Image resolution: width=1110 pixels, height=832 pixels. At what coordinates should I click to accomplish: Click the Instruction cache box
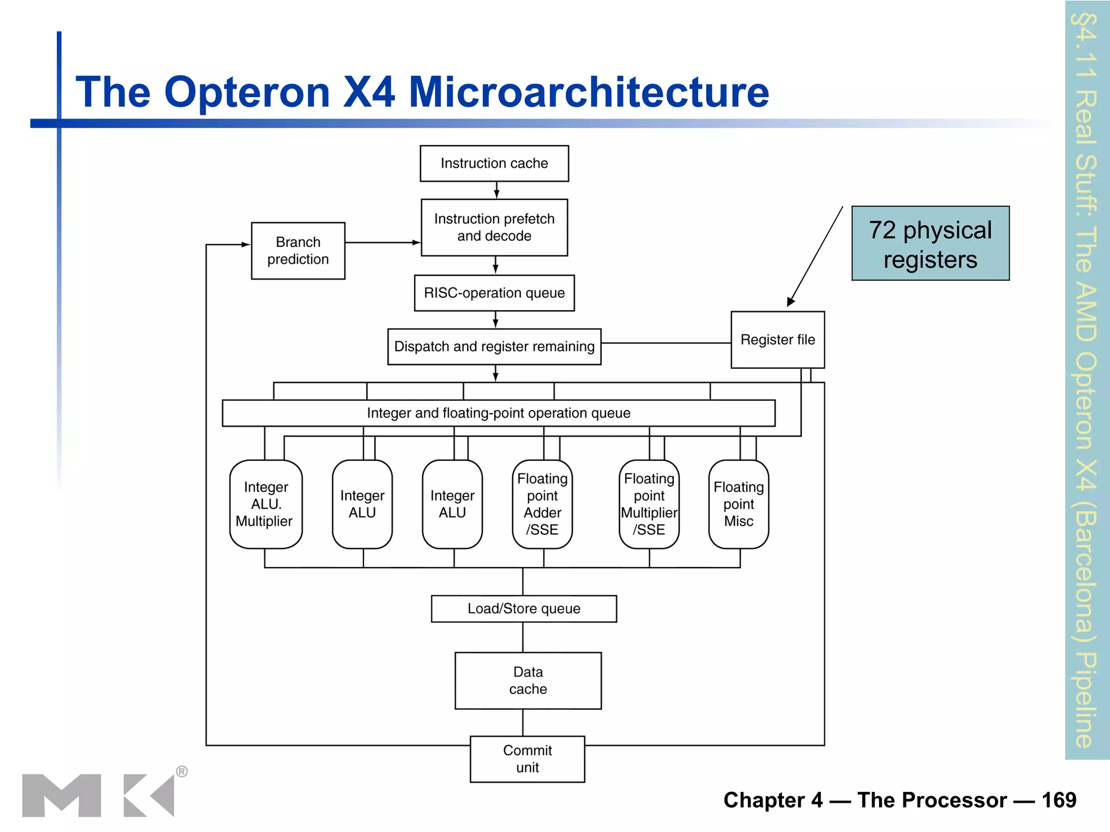click(494, 163)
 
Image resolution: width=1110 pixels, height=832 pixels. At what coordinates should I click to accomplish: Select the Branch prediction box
click(298, 250)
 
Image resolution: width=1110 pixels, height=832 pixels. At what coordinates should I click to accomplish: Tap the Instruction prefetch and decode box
click(494, 227)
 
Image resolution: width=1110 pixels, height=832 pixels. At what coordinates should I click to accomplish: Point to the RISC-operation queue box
click(494, 293)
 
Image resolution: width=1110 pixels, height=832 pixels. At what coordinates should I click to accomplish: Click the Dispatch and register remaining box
click(494, 347)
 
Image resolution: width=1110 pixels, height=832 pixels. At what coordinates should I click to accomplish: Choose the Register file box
click(777, 340)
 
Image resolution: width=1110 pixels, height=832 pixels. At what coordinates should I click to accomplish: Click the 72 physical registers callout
click(930, 244)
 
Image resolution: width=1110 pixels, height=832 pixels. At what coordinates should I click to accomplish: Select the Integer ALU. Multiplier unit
click(266, 504)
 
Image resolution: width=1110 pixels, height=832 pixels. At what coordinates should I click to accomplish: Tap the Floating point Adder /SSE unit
click(542, 504)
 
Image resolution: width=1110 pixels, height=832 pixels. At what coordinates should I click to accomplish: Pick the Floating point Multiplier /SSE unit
click(649, 504)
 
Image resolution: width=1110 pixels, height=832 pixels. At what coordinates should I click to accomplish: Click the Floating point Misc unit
click(738, 504)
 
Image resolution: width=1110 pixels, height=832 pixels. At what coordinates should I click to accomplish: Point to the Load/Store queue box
click(524, 609)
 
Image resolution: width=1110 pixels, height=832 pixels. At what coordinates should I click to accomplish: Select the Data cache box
click(528, 680)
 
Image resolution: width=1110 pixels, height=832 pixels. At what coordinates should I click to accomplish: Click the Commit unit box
click(527, 759)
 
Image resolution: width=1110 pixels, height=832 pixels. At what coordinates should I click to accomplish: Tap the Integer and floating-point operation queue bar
click(498, 413)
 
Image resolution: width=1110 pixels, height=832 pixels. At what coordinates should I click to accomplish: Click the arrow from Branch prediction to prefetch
click(382, 242)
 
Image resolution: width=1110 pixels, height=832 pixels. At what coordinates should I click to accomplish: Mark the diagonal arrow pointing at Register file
click(816, 256)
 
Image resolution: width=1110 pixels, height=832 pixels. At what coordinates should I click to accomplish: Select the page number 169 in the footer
click(1059, 800)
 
